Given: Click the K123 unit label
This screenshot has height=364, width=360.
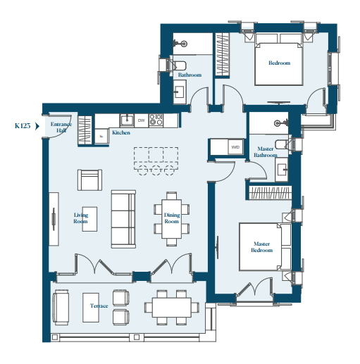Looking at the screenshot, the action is (23, 126).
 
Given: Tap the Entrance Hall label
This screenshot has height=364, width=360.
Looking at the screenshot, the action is (61, 127).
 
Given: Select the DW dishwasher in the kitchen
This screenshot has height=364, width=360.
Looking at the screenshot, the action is (142, 120).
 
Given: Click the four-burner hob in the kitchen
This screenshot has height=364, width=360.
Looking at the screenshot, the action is (156, 120).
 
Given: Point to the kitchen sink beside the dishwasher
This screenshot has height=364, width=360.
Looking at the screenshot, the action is (127, 120).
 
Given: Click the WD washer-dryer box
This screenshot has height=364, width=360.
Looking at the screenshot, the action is (235, 147).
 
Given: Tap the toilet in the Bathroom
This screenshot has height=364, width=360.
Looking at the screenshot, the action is (178, 65).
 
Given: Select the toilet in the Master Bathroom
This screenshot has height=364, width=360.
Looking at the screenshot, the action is (283, 144).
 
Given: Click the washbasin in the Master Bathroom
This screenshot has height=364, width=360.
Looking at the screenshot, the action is (282, 170).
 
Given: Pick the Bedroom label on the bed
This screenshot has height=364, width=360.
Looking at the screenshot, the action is (279, 63).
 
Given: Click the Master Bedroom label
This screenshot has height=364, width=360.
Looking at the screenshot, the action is (262, 247).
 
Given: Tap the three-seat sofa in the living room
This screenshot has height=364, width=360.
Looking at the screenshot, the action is (123, 219).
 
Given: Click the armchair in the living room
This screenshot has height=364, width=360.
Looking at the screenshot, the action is (89, 180).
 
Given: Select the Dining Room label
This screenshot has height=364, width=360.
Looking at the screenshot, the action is (172, 218).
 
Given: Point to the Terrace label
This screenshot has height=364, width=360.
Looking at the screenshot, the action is (99, 306).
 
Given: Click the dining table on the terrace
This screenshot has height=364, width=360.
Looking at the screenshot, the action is (172, 308).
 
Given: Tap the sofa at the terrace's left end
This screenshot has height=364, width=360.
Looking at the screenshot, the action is (61, 307).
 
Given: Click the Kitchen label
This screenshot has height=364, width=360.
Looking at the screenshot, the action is (121, 132).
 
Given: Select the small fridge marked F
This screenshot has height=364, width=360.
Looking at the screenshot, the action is (101, 136).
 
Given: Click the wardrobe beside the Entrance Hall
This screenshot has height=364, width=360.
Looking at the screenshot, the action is (85, 130).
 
